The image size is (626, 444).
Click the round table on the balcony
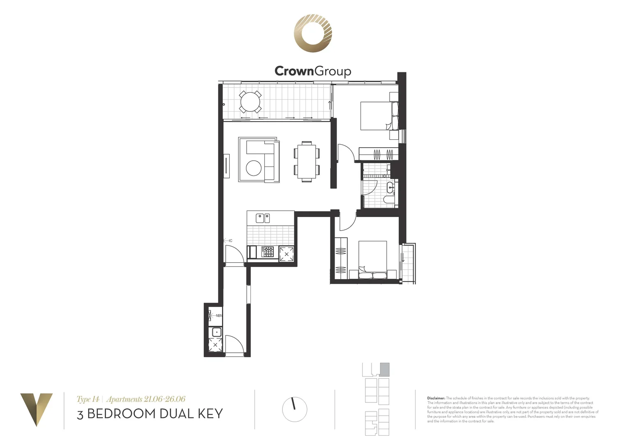[x=250, y=102]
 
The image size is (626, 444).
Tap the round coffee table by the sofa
[x=254, y=168]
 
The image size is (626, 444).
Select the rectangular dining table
[x=307, y=161]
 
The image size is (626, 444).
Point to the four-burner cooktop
[x=268, y=252]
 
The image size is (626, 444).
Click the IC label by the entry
[x=231, y=240]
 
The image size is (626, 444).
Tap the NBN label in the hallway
[x=219, y=316]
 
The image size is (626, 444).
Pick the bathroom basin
[x=390, y=189]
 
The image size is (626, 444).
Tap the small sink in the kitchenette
[x=216, y=332]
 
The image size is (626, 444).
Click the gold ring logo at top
[x=313, y=33]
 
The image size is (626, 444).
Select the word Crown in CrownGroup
[x=294, y=71]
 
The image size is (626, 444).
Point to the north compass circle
[x=295, y=409]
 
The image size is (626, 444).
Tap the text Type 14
[x=88, y=399]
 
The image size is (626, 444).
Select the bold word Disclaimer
[x=436, y=398]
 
